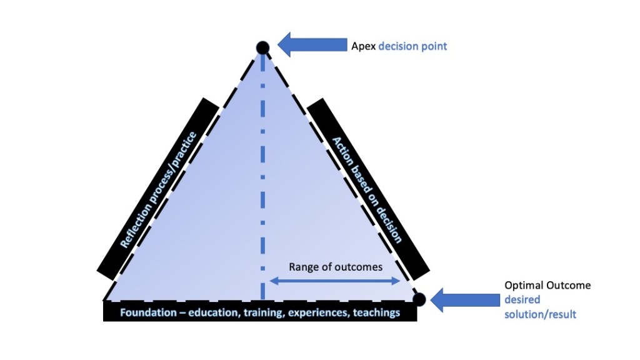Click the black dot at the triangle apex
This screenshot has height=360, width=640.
click(x=262, y=47)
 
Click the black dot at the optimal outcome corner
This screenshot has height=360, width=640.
click(x=419, y=299)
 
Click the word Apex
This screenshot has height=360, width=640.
click(x=363, y=46)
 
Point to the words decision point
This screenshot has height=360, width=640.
click(x=412, y=46)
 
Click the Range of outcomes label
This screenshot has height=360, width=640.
click(x=335, y=267)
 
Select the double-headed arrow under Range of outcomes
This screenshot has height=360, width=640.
click(x=334, y=281)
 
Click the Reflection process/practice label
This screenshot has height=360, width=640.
click(x=159, y=189)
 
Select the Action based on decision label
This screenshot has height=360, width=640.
click(x=366, y=189)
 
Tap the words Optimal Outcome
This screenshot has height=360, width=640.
click(x=547, y=286)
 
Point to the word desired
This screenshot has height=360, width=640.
click(x=522, y=300)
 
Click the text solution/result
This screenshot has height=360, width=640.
click(x=540, y=314)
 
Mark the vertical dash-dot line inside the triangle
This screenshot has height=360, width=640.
click(x=262, y=175)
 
